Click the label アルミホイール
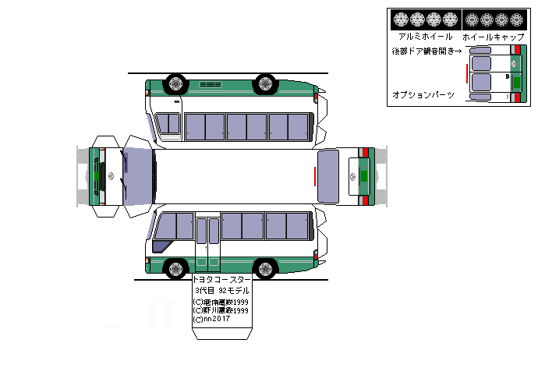[x=425, y=36]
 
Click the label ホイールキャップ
[x=493, y=36]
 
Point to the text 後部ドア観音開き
[x=425, y=51]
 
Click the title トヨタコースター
[x=221, y=279]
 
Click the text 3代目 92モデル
[x=221, y=290]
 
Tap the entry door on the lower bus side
[x=207, y=242]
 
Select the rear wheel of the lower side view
[x=266, y=270]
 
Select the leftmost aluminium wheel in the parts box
[x=401, y=19]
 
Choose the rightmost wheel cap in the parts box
[x=517, y=19]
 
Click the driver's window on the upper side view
[x=168, y=123]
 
